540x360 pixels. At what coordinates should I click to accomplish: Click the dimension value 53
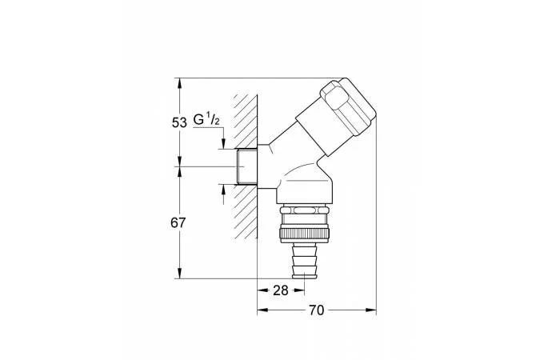[179, 122]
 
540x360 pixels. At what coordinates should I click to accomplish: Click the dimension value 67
[178, 223]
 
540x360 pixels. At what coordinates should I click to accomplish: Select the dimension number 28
[280, 290]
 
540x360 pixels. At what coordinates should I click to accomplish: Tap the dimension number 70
[316, 310]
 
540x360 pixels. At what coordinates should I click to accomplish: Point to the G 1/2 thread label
[206, 119]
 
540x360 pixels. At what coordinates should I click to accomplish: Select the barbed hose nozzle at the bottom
[305, 260]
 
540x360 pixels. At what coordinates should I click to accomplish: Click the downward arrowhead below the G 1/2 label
[223, 143]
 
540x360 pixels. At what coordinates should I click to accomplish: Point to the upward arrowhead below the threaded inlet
[223, 190]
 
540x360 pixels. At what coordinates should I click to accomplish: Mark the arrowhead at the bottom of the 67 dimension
[179, 273]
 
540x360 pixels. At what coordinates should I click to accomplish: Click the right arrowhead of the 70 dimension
[371, 310]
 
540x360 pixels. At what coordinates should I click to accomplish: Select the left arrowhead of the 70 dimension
[263, 310]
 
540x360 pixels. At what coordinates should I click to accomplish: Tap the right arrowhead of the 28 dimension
[299, 290]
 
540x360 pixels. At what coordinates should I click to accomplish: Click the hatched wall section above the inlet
[246, 122]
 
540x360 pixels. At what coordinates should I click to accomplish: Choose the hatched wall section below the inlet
[246, 211]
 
